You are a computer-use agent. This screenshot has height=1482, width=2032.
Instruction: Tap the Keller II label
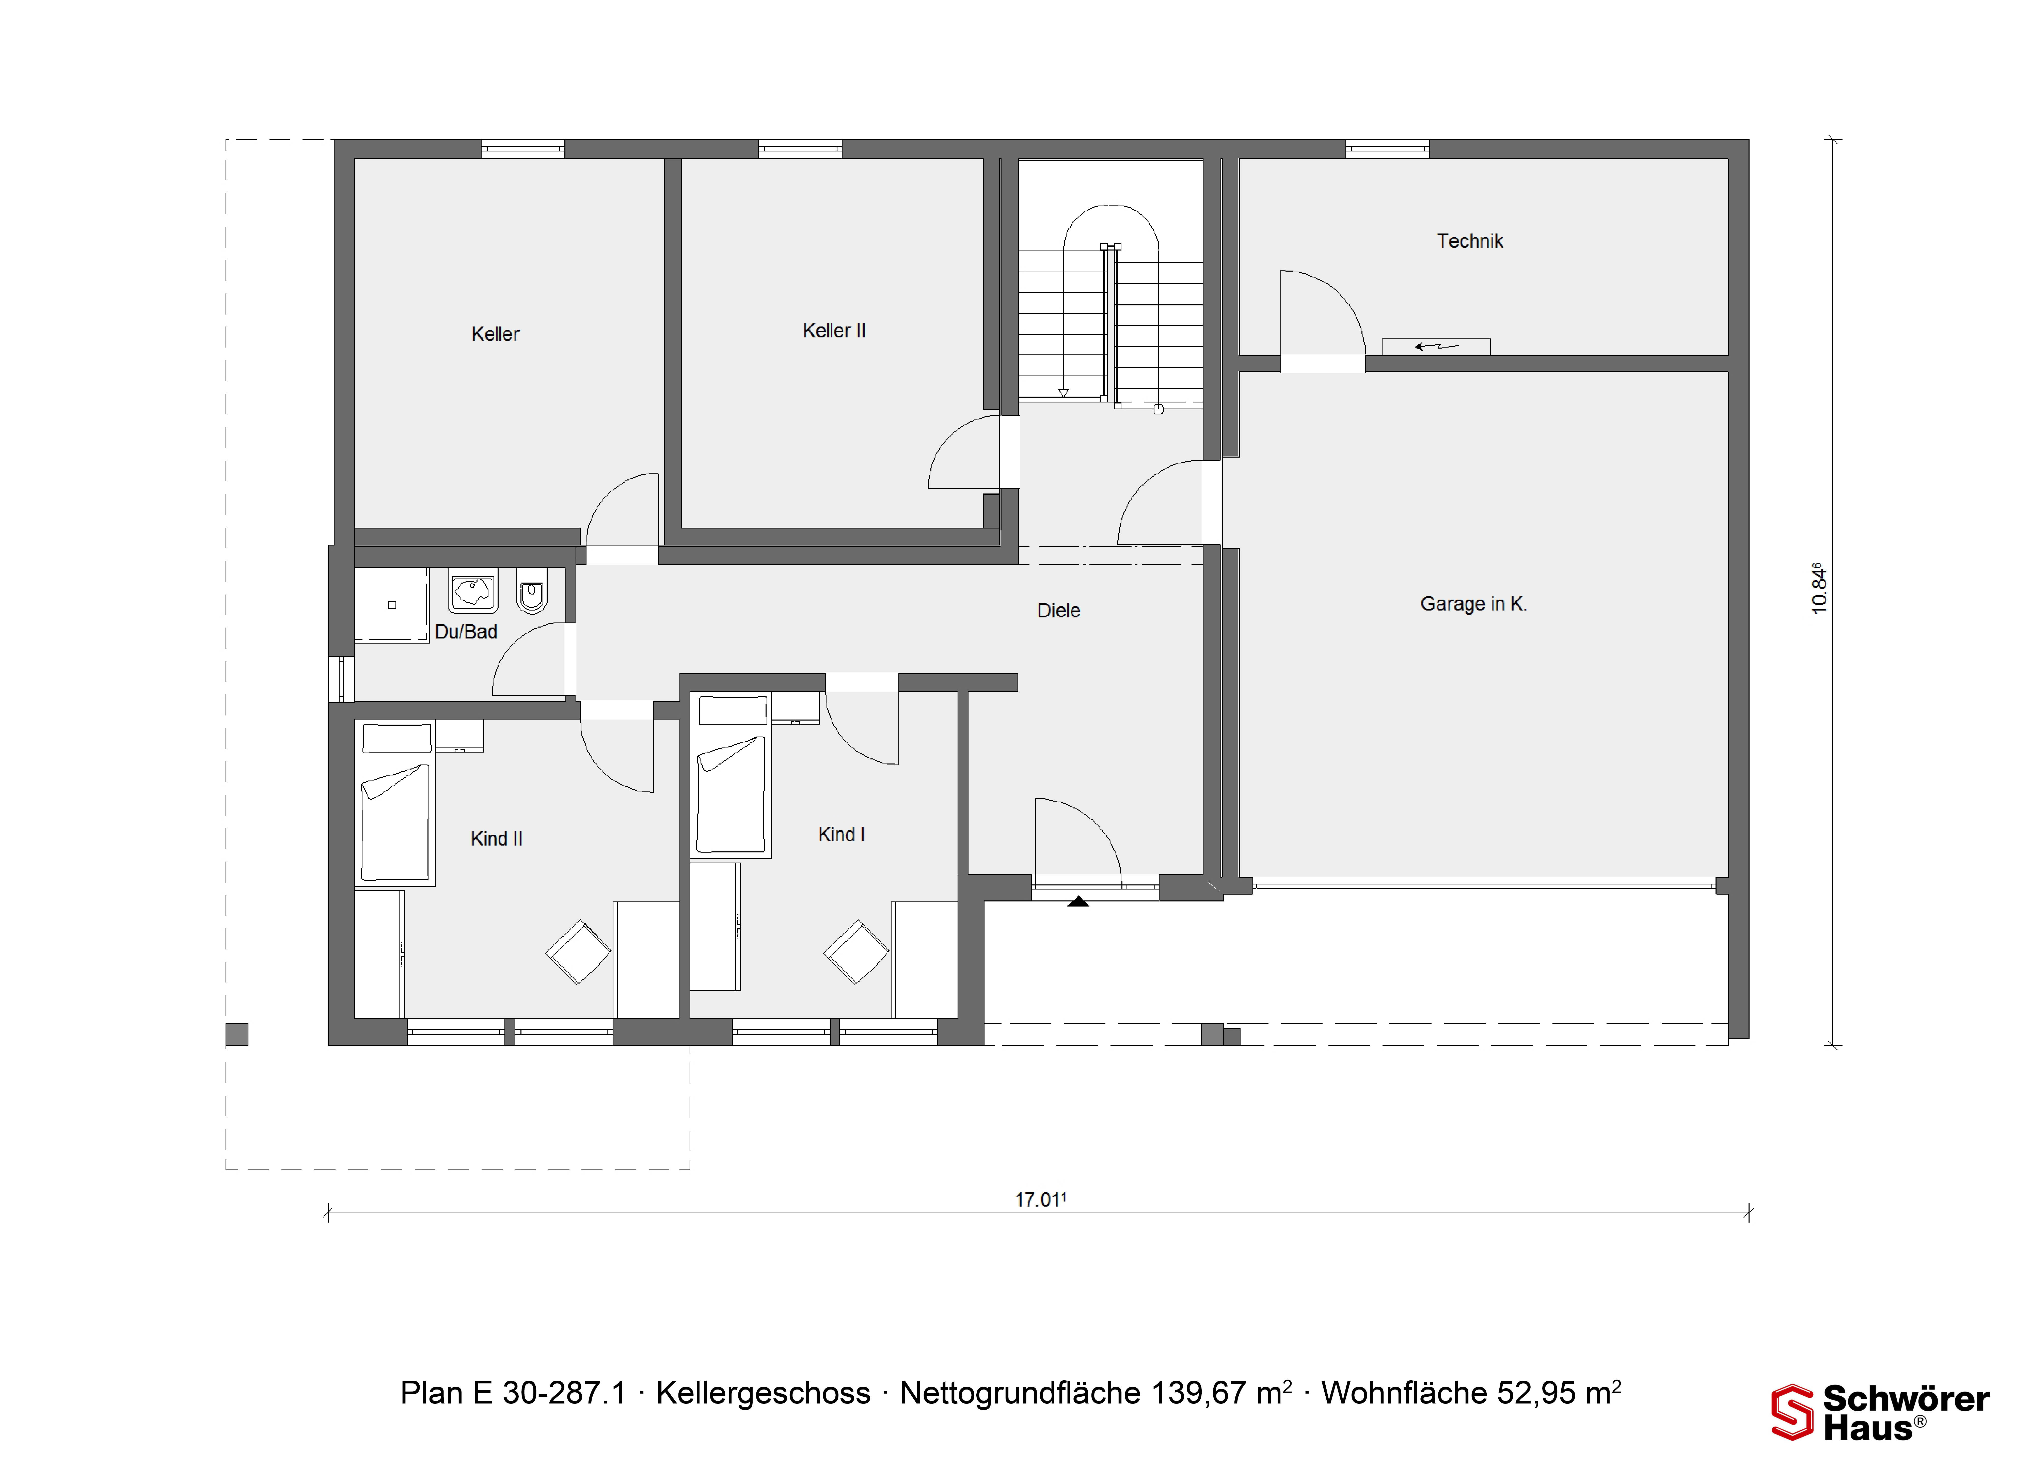[834, 331]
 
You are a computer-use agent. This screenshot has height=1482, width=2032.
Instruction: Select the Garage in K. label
[1473, 604]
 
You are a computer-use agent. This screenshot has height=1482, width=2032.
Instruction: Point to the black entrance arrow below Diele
[1078, 902]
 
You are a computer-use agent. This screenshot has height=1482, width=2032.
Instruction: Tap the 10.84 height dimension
[1819, 588]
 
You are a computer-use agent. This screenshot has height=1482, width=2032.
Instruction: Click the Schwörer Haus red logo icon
[1792, 1412]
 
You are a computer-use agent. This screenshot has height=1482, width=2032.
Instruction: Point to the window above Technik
[1387, 149]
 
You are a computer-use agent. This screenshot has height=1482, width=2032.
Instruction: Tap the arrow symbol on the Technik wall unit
[1437, 346]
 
